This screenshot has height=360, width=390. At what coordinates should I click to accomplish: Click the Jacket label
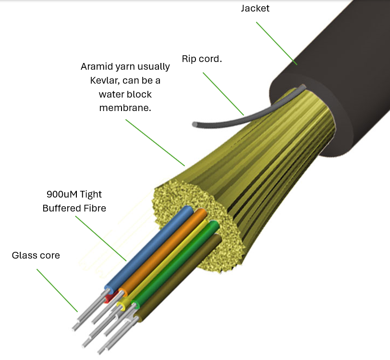pos(256,9)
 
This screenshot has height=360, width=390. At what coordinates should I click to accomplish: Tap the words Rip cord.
pos(202,59)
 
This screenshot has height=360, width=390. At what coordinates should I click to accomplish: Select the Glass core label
pos(36,255)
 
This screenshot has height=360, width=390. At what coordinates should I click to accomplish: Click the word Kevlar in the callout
pos(106,80)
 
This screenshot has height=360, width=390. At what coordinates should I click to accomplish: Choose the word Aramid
pos(95,67)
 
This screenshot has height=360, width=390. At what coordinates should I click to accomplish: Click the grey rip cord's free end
pos(195,124)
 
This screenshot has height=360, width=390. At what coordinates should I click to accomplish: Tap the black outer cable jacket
pos(336,72)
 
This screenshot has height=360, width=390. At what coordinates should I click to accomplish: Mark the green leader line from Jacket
pos(276,43)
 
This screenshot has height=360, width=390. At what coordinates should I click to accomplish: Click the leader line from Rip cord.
pos(223,94)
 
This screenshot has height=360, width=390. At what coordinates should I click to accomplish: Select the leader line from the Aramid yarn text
pos(155,142)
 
